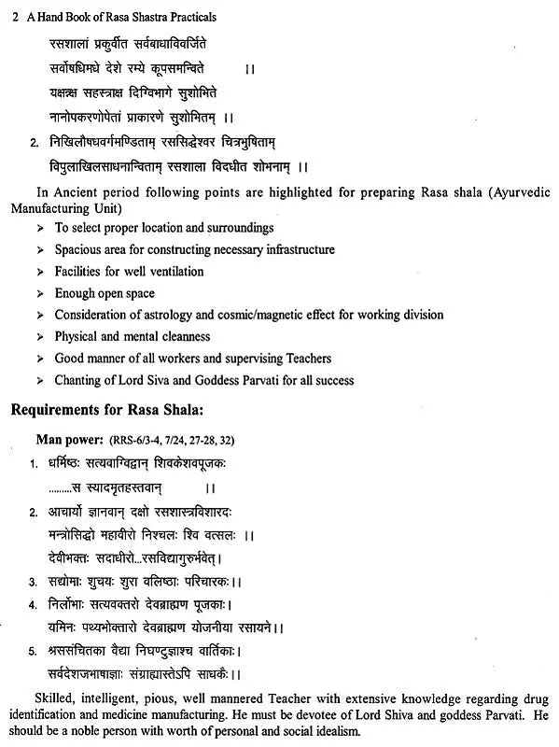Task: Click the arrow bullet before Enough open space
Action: pyautogui.click(x=39, y=293)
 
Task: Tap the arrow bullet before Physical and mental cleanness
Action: pyautogui.click(x=39, y=337)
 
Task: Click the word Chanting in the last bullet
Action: pyautogui.click(x=80, y=380)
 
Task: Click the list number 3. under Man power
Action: pyautogui.click(x=33, y=582)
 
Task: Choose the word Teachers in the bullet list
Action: pyautogui.click(x=306, y=359)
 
